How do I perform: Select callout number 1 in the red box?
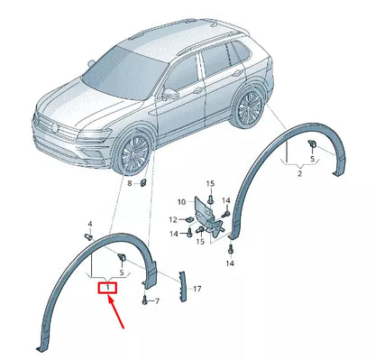[x=108, y=287]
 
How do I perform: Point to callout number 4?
[x=89, y=222]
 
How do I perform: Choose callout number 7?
[x=156, y=299]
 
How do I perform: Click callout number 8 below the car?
[x=129, y=184]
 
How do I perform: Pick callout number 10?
[x=180, y=201]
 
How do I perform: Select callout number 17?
[x=197, y=288]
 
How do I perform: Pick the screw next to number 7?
[x=144, y=299]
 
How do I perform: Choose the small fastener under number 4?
[x=89, y=235]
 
